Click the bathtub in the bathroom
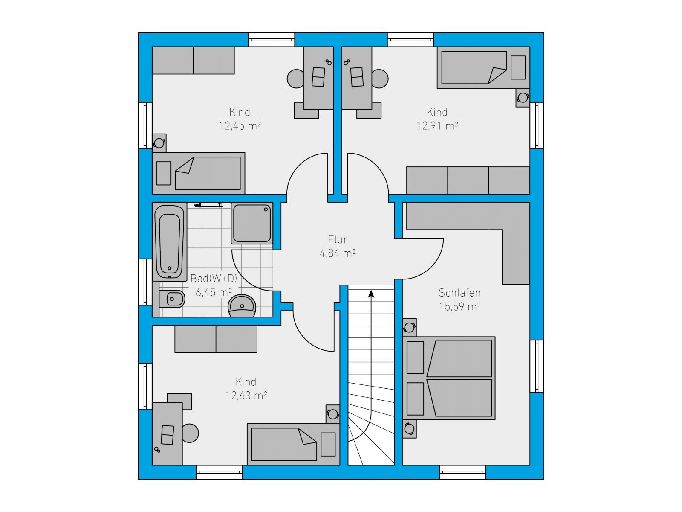(x=170, y=241)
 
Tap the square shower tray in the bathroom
(x=252, y=223)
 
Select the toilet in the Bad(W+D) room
(x=172, y=299)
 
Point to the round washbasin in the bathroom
(x=242, y=306)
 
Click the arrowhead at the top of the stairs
(x=371, y=294)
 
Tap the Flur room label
(x=338, y=240)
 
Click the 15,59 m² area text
(x=460, y=306)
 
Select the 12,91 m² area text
(x=437, y=126)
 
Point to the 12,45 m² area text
(x=240, y=126)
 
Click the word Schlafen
(x=459, y=293)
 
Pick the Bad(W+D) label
(x=214, y=278)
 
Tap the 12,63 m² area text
(x=246, y=396)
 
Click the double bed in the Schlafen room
(x=449, y=378)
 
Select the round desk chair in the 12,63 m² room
(x=190, y=433)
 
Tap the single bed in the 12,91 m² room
(x=483, y=67)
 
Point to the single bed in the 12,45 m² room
(x=199, y=173)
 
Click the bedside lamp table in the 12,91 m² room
(x=523, y=98)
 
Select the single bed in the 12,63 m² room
(x=293, y=444)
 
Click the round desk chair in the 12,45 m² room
(x=296, y=79)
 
